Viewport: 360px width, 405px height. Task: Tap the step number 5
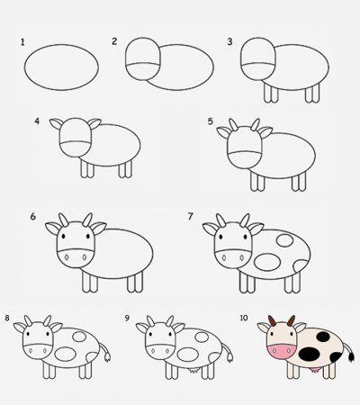tap(211, 121)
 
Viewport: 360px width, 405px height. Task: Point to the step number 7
tap(191, 217)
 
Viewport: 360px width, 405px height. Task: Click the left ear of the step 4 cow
tap(57, 124)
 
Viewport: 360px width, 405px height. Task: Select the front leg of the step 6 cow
tap(89, 281)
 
